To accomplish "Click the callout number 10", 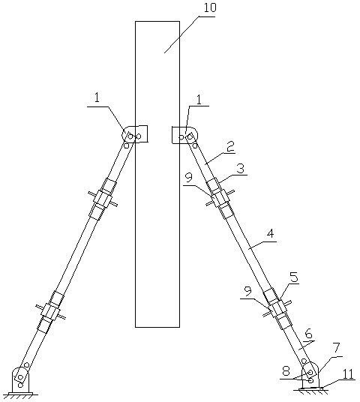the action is pos(210,8).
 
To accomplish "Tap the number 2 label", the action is pos(230,147).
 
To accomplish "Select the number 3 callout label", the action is pos(241,169).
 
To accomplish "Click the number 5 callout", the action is pos(294,277).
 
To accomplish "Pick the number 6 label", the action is pos(308,334).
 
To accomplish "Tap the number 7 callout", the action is pos(336,349).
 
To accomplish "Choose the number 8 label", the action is pos(286,370).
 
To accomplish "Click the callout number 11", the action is pos(348,374).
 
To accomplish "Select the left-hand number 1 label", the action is pos(97,98).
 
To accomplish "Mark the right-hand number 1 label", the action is pos(199,100).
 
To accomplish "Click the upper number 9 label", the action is pos(189,177).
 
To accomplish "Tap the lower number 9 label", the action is pos(247,292).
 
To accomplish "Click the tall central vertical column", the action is pos(157,174).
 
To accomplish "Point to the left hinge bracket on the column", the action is pos(135,134).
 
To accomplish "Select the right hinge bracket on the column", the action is pos(184,135).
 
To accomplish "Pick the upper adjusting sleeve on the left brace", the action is pos(103,199).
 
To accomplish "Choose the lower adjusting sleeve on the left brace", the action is pos(51,312).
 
